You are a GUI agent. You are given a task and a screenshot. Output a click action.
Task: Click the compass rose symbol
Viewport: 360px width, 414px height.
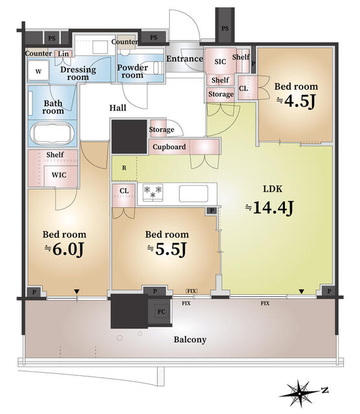[x=300, y=393]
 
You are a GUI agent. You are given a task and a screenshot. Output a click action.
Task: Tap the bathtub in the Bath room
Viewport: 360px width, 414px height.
[x=52, y=133]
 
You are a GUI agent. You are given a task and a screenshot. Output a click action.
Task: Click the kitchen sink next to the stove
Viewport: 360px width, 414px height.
[x=194, y=193]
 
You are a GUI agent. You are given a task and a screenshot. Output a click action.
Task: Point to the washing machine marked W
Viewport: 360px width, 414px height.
[x=38, y=71]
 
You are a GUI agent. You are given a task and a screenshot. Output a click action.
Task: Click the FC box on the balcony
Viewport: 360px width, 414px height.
[x=161, y=312]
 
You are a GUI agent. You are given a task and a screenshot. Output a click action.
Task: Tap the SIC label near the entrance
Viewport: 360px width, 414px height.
[x=220, y=62]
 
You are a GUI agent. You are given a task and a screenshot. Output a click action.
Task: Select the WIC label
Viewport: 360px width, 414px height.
[x=59, y=175]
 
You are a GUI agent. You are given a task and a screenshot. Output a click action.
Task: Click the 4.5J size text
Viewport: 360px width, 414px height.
[x=296, y=101]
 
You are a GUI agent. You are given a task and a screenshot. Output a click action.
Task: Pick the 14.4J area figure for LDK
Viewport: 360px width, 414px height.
[x=269, y=208]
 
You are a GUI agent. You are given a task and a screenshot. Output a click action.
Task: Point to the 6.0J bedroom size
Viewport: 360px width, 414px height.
[x=64, y=249]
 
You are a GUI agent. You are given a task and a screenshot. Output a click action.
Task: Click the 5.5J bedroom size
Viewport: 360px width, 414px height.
[x=167, y=249]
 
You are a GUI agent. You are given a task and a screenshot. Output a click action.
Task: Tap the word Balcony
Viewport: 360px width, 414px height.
[x=190, y=340]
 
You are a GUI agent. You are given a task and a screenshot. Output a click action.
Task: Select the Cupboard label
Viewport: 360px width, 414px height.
[x=169, y=147]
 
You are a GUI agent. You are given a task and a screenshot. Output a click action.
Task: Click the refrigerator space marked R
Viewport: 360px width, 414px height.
[x=124, y=168]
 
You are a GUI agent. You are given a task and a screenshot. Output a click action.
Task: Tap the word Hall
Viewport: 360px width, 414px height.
[x=118, y=108]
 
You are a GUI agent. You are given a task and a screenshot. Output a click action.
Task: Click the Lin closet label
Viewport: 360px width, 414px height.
[x=63, y=54]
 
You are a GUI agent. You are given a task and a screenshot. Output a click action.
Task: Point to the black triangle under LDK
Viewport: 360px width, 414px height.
[x=301, y=292]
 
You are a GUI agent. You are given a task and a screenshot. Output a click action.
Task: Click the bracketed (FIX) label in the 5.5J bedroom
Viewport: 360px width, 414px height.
[x=192, y=291]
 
